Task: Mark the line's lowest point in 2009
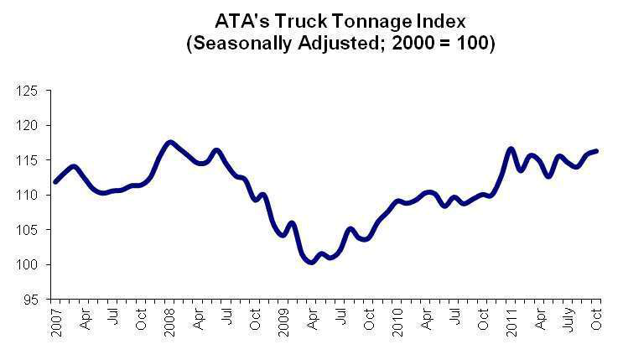(x=312, y=262)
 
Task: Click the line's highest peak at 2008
(x=170, y=143)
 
